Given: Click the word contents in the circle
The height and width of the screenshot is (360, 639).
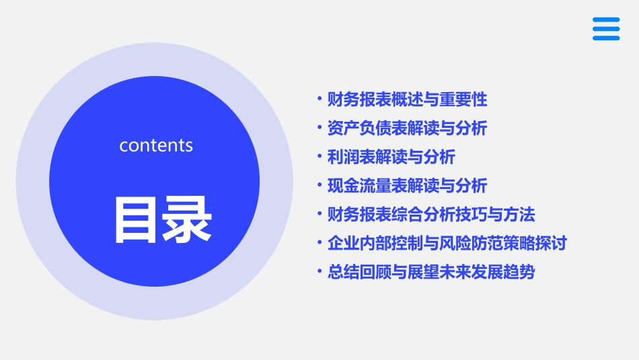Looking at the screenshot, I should click(156, 145).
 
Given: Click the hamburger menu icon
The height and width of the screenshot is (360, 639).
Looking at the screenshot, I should click(606, 29).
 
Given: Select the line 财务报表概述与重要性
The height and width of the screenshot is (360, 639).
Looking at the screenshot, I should click(407, 100).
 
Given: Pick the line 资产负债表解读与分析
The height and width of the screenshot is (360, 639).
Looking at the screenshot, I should click(407, 129).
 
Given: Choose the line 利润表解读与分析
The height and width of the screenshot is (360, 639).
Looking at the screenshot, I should click(391, 157).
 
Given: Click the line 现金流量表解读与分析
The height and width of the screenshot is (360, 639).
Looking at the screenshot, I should click(407, 186).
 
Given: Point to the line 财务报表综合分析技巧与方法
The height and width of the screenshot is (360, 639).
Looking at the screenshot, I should click(431, 215).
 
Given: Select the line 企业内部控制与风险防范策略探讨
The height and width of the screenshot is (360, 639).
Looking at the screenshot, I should click(447, 243).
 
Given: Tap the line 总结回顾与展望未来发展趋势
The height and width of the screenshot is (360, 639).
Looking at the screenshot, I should click(431, 273).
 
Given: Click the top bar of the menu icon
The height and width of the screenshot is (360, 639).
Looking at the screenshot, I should click(606, 20).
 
